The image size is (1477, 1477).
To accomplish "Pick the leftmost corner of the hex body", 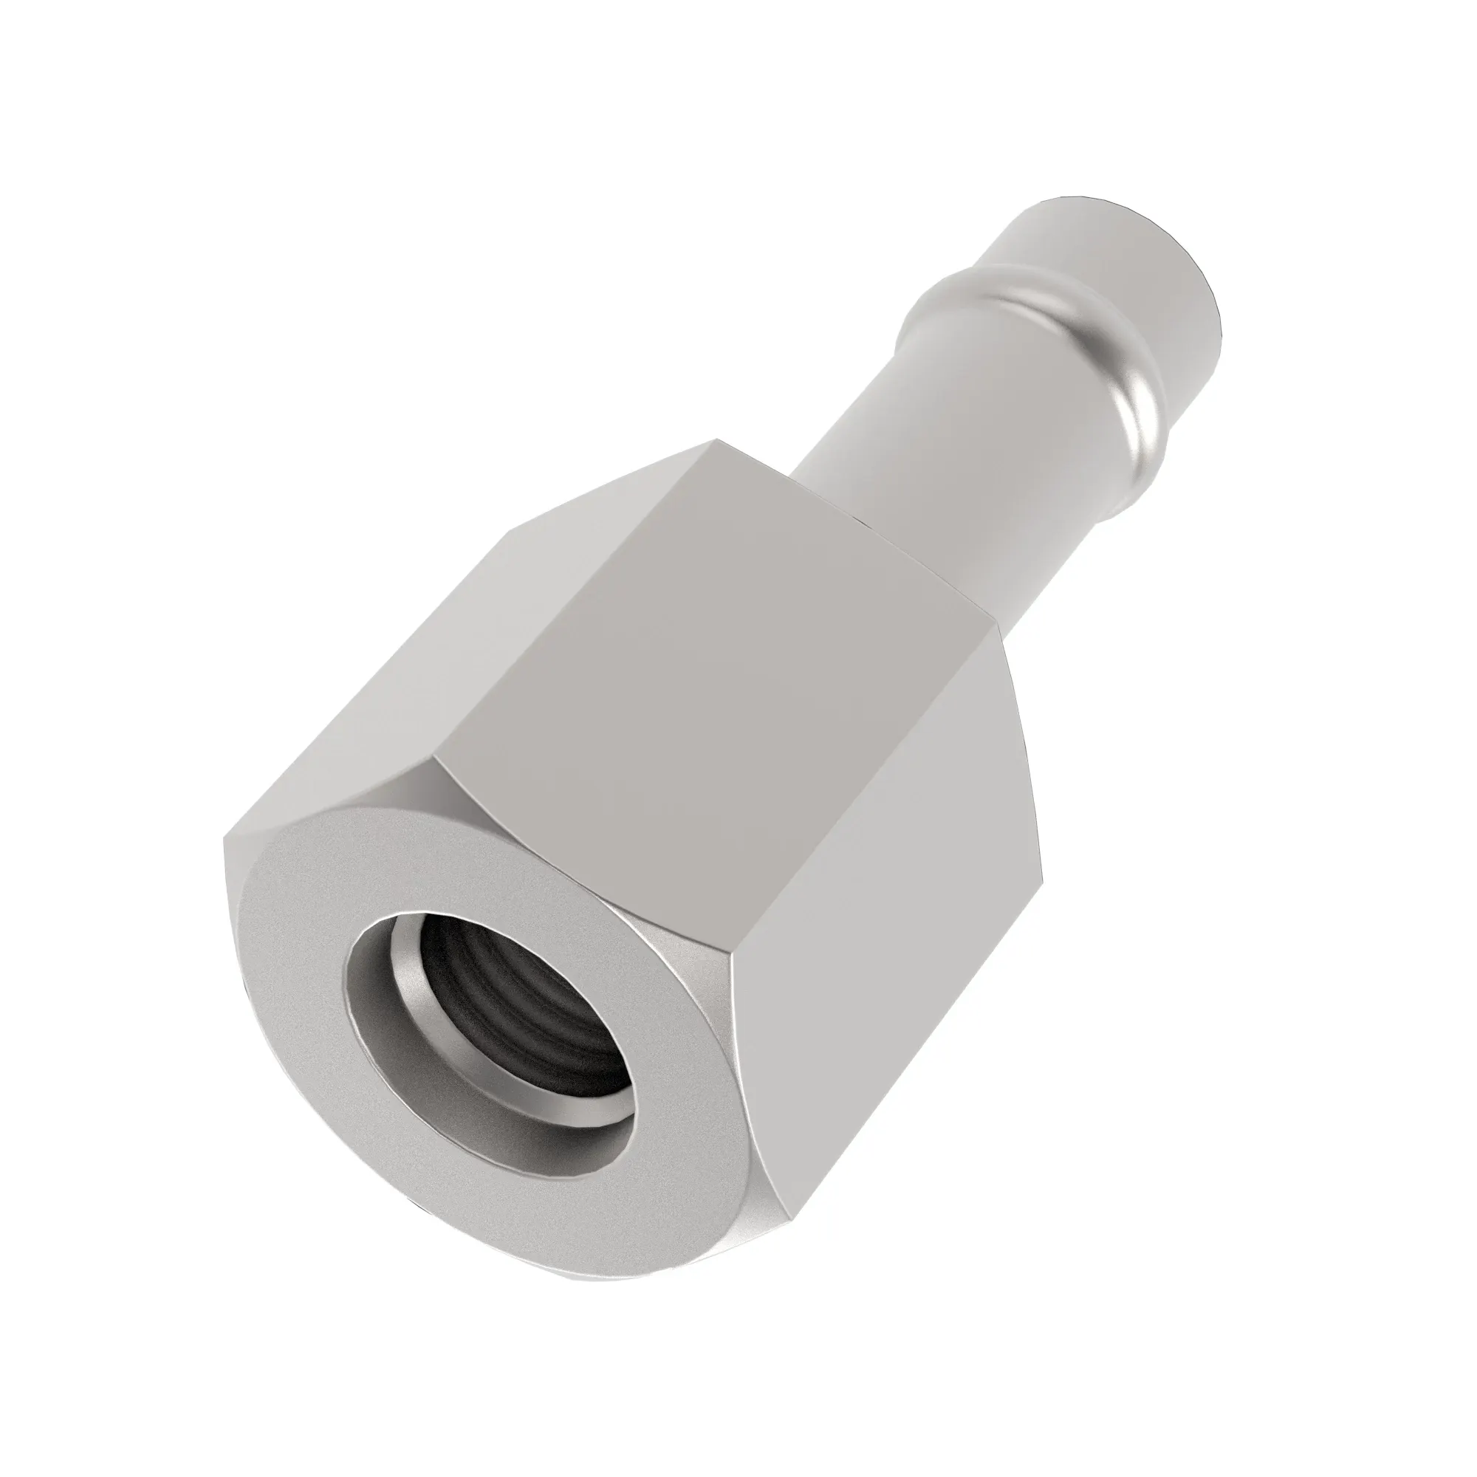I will coord(223,838).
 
